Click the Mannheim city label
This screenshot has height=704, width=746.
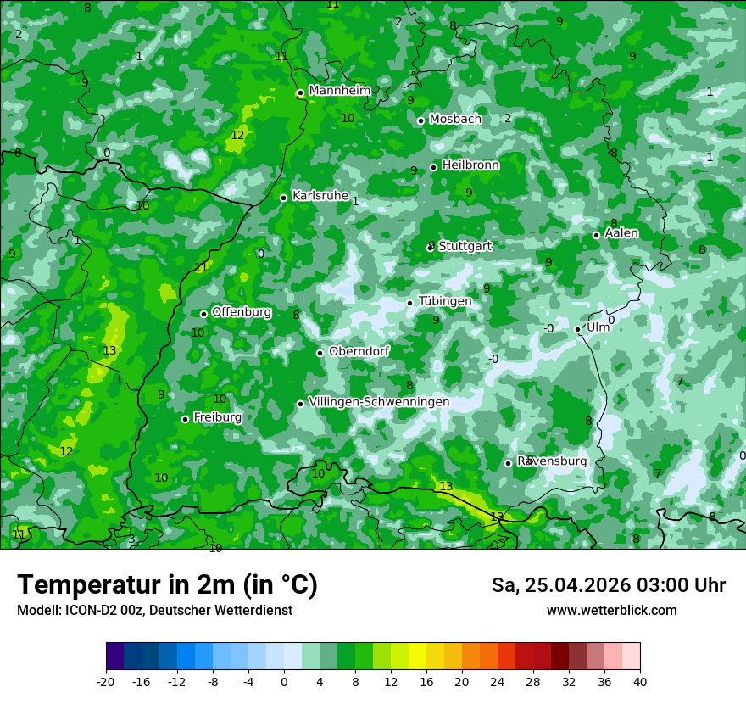point(340,91)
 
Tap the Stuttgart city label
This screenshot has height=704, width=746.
point(465,246)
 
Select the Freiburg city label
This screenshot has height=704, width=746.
point(218,417)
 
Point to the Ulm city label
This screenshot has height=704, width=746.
point(598,327)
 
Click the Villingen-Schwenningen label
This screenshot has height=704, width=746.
point(379,402)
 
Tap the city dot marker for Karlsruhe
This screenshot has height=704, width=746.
point(284,198)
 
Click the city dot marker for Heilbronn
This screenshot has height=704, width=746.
point(434,167)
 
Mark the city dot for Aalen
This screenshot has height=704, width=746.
point(597,235)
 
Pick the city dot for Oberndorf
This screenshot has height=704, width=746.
point(320,353)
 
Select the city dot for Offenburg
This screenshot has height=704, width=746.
point(203,314)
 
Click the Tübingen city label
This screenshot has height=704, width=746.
point(445,301)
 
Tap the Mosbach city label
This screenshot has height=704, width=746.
point(455,120)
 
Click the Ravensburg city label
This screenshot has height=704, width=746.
point(552,461)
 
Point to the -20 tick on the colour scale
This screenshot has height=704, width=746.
point(106,681)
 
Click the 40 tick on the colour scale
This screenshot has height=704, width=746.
point(640,681)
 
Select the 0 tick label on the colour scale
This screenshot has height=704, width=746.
point(284,681)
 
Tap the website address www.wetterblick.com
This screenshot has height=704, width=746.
point(612,611)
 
